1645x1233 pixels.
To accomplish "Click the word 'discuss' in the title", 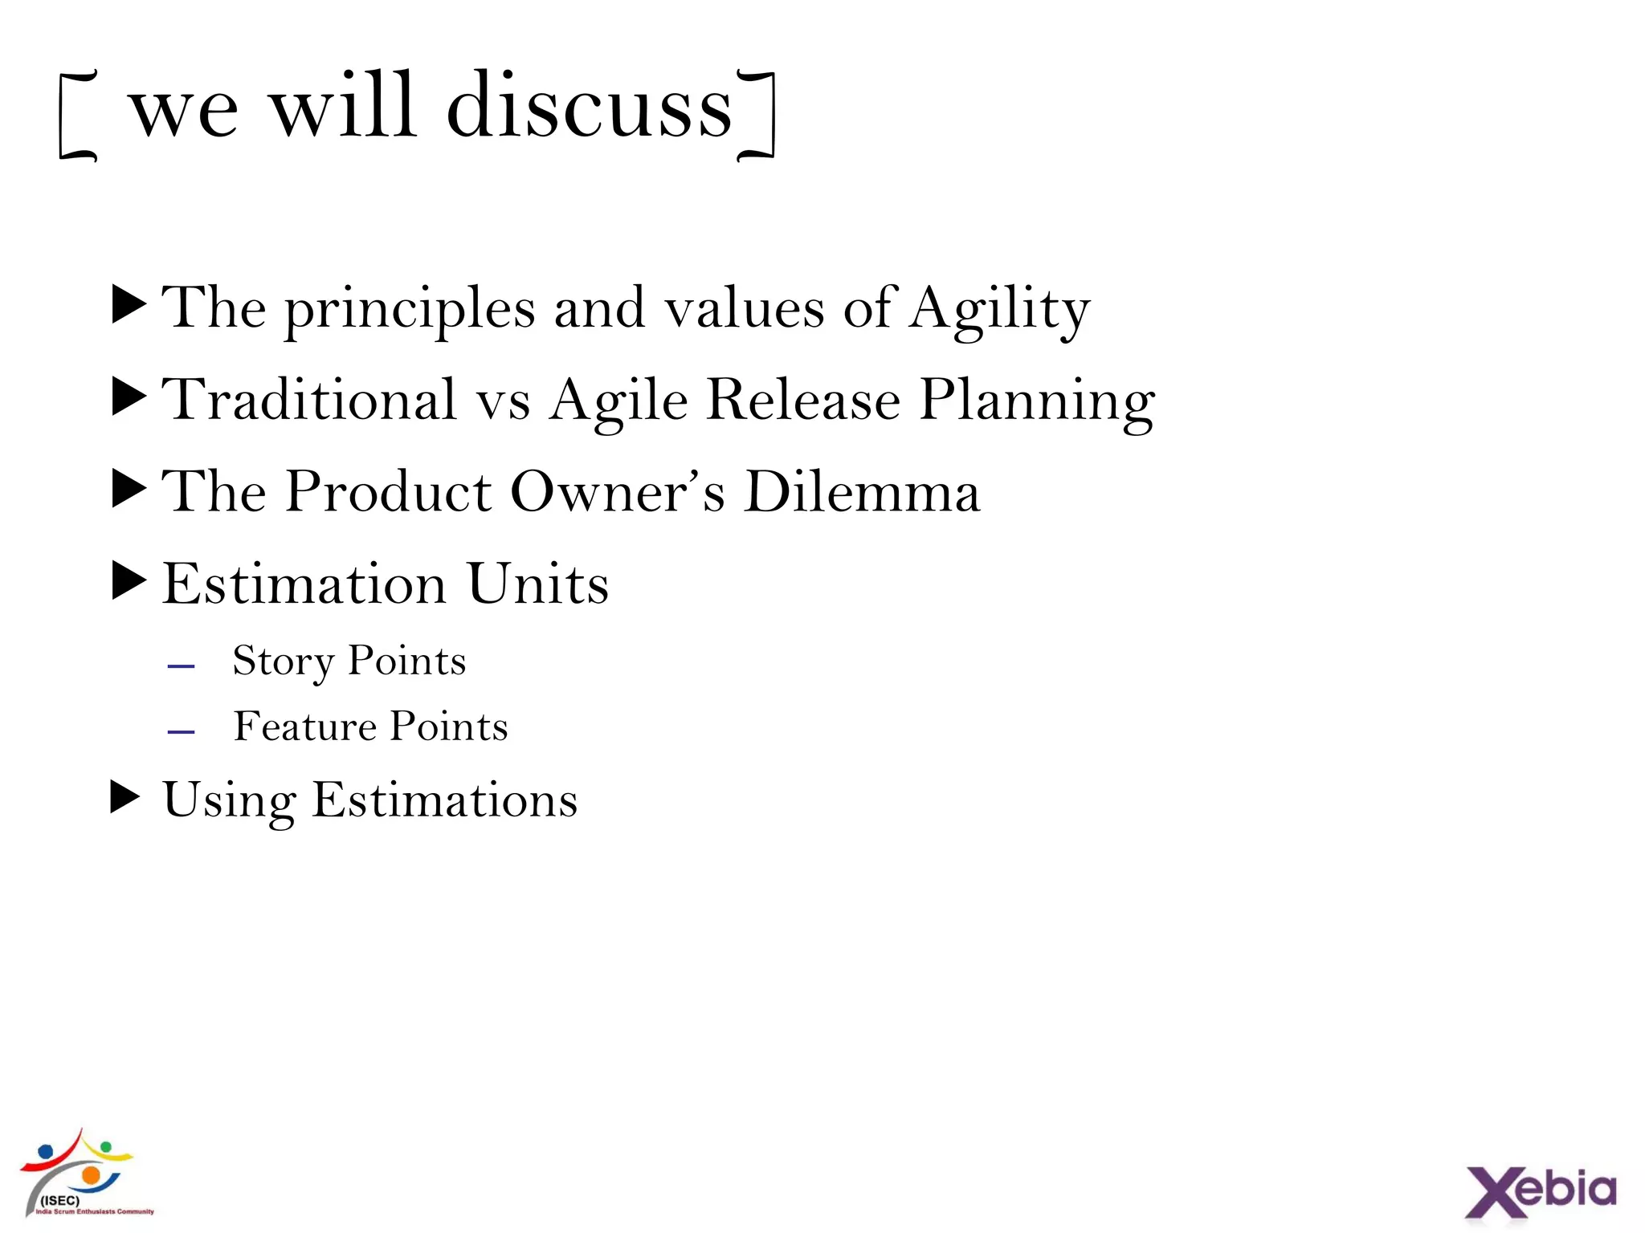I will (x=589, y=108).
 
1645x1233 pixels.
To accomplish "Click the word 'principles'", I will (x=410, y=311).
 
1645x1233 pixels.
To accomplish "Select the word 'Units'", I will (x=538, y=584).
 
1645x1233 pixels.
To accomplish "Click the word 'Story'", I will (x=282, y=662).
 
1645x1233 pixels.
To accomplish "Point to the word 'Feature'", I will (x=304, y=726).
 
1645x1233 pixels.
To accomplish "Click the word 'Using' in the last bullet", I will (x=229, y=801).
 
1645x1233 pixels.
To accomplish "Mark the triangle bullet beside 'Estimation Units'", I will (x=129, y=581).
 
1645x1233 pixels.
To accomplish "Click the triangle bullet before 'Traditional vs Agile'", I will (x=129, y=397).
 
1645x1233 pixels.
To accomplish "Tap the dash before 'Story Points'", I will (x=182, y=666).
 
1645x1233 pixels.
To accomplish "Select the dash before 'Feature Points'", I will (x=182, y=731).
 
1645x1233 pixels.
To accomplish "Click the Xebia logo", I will (x=1540, y=1191).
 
